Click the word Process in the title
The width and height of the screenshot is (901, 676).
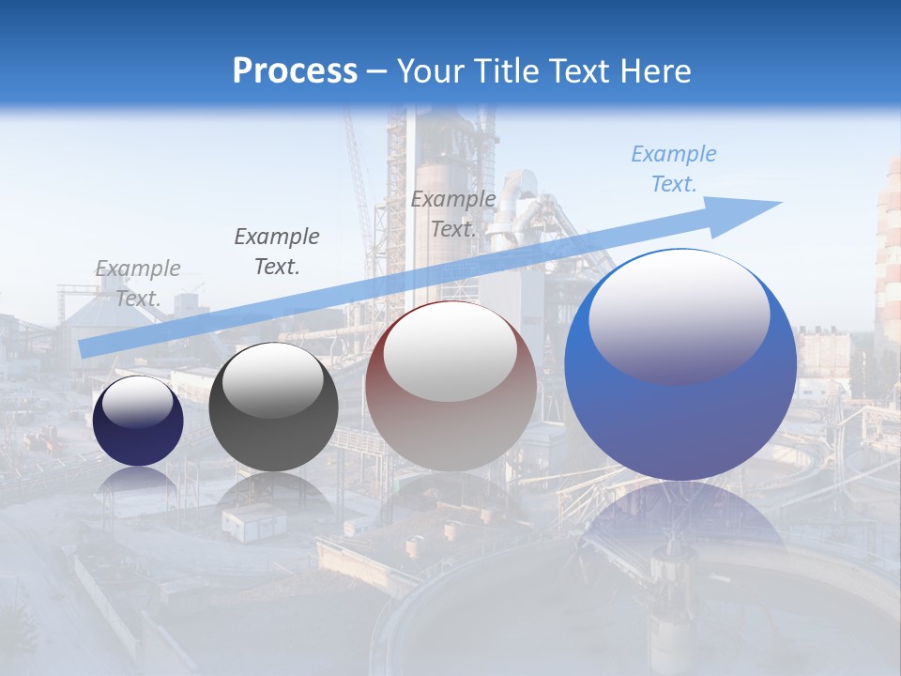[x=295, y=71]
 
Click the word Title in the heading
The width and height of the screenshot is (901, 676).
[x=505, y=71]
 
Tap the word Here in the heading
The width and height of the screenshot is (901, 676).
[x=654, y=71]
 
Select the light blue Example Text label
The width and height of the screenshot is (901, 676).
[x=674, y=169]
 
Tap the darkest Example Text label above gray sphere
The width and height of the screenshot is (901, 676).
[x=277, y=252]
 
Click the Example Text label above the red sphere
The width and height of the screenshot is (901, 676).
[x=453, y=214]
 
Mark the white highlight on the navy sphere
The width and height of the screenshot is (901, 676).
[x=138, y=403]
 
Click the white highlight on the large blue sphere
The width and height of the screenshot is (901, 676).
[x=680, y=315]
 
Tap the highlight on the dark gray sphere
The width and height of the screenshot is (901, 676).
[x=273, y=380]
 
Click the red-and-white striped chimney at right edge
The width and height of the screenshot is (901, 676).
[x=888, y=253]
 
